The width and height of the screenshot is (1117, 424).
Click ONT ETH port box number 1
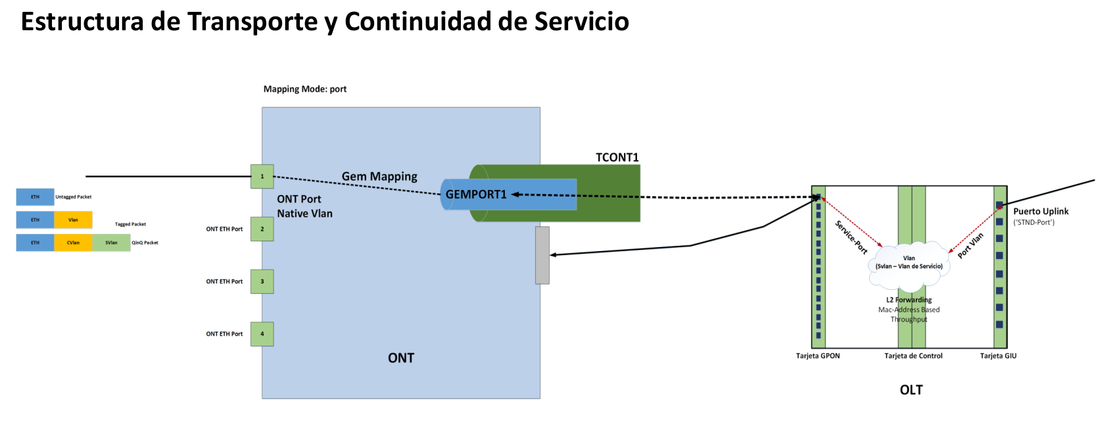point(262,176)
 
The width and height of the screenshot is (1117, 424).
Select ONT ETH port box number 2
point(262,229)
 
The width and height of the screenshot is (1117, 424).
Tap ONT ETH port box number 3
point(262,281)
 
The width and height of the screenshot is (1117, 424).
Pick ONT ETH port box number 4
point(262,334)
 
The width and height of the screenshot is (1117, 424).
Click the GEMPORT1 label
point(476,195)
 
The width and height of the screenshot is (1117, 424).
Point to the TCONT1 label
point(617,158)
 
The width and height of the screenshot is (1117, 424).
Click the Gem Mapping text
point(379,176)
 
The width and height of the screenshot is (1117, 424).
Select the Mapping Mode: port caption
point(305,89)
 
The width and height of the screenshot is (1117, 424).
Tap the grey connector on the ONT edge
point(542,255)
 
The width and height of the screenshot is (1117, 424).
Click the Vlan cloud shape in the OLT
point(909,266)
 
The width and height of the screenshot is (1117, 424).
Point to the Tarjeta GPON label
point(818,356)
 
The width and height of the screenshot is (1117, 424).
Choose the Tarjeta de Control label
point(913,356)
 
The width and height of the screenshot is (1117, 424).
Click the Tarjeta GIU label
point(998,356)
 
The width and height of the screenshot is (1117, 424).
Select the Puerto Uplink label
point(1041,212)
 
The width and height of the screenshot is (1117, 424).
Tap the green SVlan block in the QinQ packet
point(111,243)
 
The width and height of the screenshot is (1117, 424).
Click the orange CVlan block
point(73,243)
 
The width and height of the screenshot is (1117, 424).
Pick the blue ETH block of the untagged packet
point(35,197)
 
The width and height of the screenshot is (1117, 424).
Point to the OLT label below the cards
point(911,390)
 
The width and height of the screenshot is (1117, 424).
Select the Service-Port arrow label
point(851,237)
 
